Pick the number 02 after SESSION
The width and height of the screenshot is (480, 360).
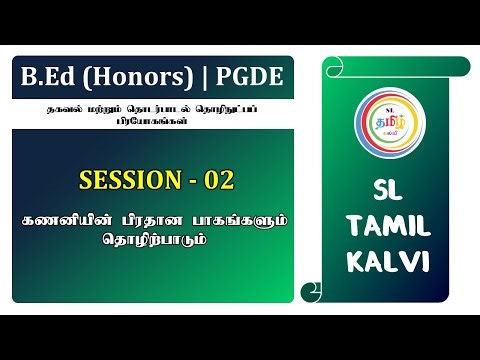click(220, 181)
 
